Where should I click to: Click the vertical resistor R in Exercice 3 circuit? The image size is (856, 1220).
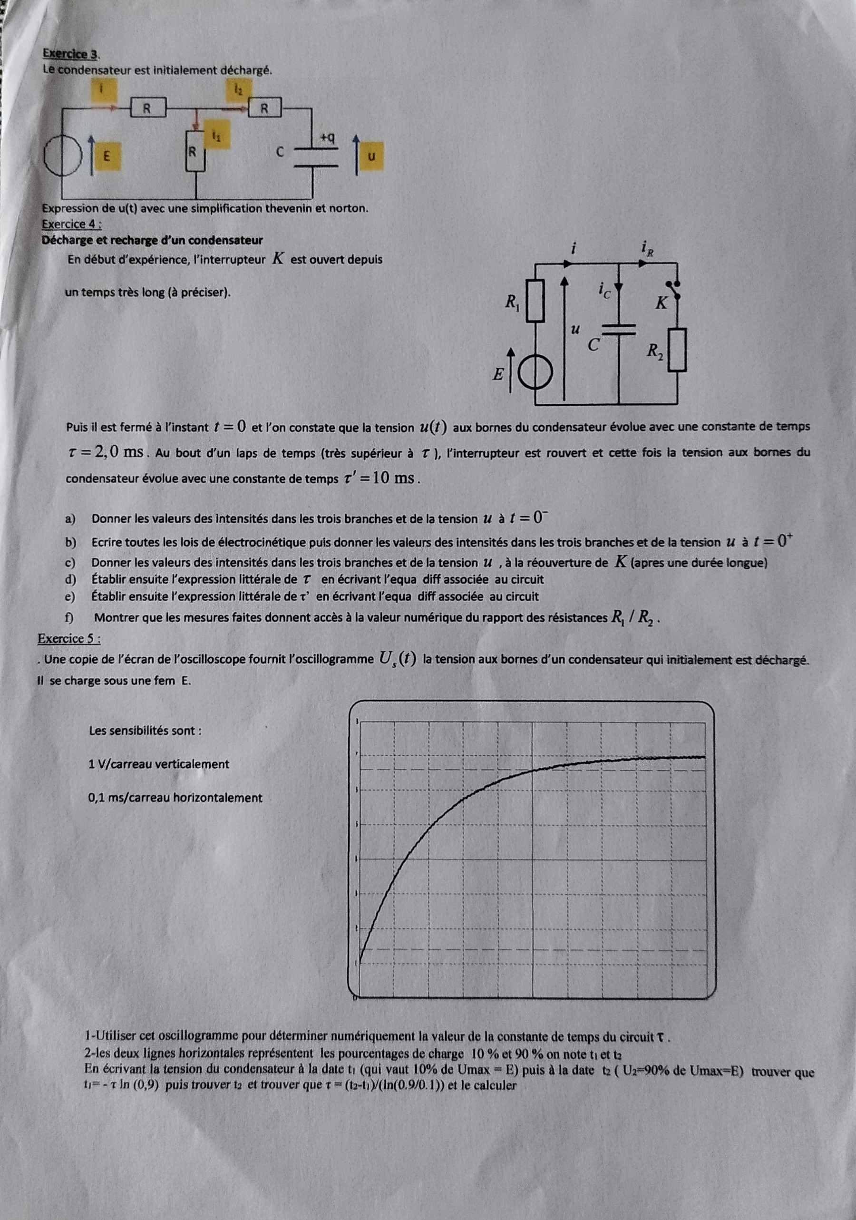tap(195, 151)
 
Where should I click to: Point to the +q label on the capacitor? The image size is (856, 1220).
tap(327, 137)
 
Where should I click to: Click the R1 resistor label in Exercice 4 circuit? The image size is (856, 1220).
tap(513, 303)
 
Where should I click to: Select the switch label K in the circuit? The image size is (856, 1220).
tap(661, 303)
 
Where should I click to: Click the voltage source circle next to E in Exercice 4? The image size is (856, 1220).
tap(535, 375)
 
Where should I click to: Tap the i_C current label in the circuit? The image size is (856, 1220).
tap(604, 290)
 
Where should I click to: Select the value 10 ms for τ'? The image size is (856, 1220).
tap(393, 478)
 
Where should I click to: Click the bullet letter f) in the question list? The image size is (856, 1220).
tap(68, 618)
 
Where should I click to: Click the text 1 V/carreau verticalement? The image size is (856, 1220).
tap(159, 764)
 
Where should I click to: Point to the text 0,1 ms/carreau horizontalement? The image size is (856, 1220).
tap(176, 798)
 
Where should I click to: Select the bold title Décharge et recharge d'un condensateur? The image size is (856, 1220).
tap(153, 240)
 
